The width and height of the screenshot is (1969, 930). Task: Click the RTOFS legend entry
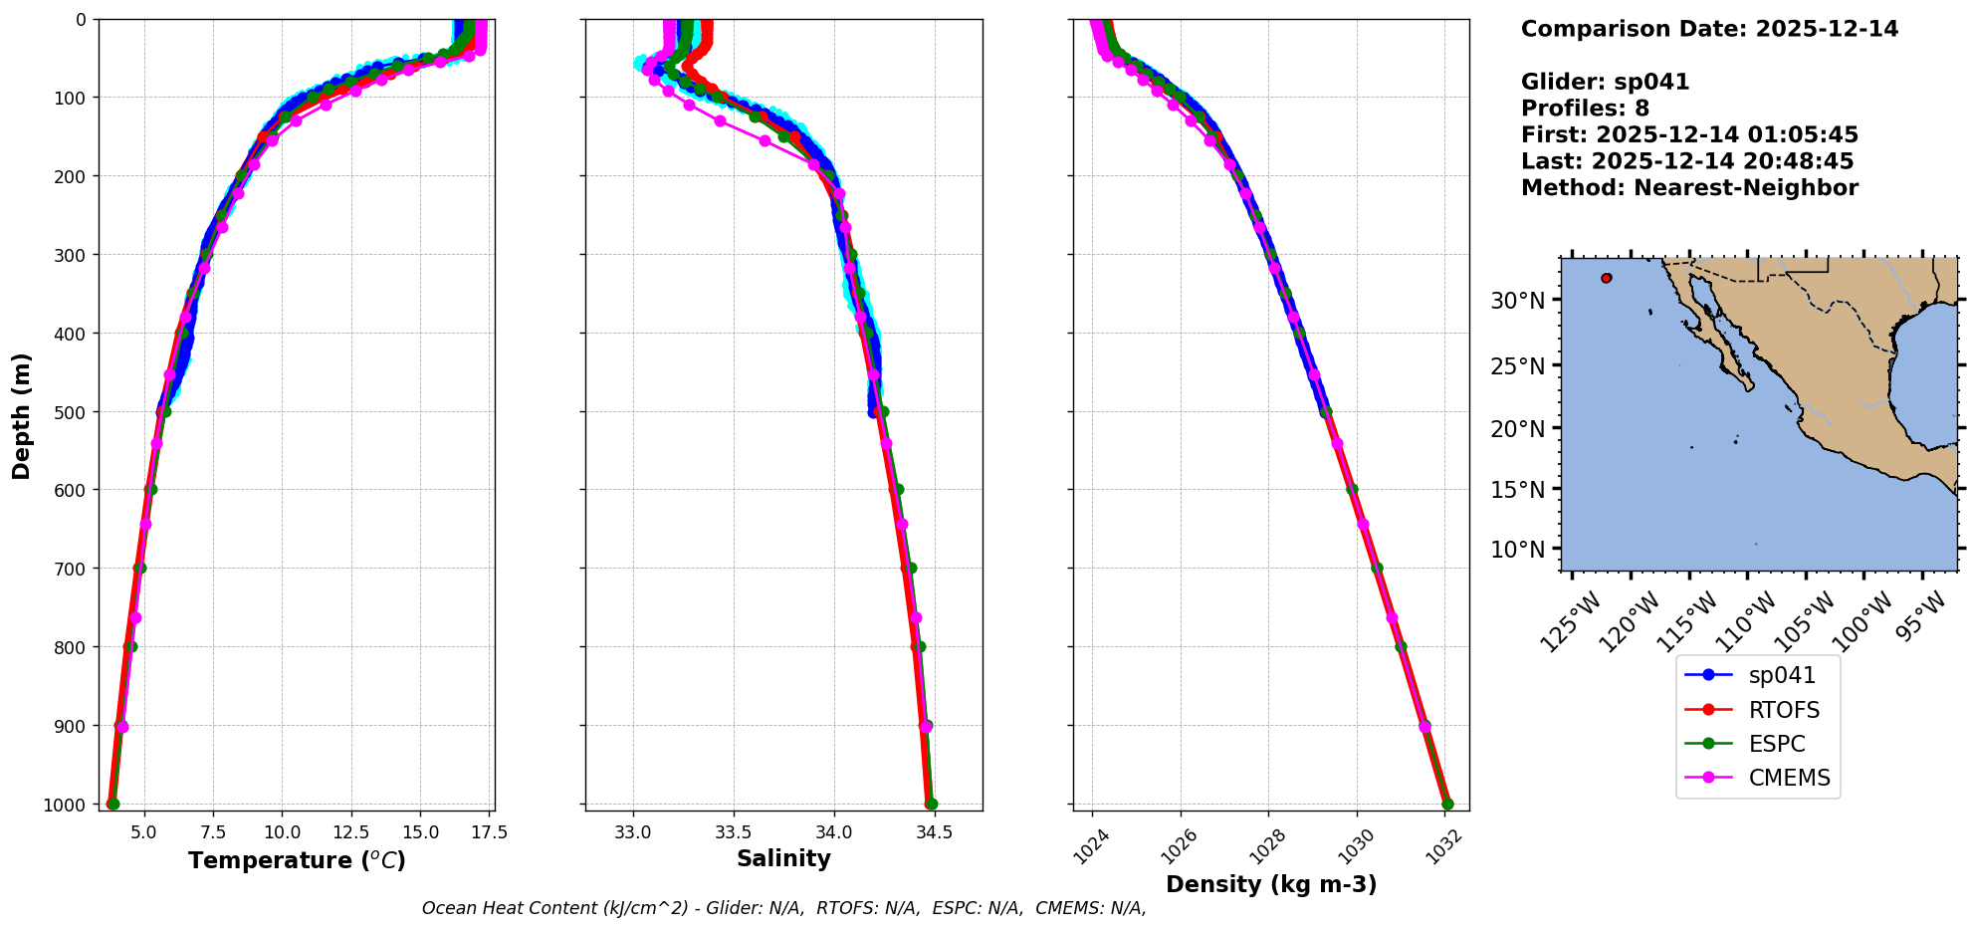point(1783,710)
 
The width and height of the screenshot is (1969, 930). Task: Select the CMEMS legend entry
point(1789,778)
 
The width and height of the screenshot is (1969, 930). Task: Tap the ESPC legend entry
point(1776,744)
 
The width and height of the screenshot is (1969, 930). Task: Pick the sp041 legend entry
point(1781,675)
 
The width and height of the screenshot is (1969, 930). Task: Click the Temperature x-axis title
point(297,860)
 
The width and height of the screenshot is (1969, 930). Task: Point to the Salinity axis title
point(783,858)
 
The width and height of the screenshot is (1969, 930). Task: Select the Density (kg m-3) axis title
point(1271,884)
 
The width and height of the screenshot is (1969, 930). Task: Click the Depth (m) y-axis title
point(22,415)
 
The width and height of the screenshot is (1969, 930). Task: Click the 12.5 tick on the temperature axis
point(350,831)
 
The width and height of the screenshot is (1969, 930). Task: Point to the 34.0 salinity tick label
point(833,831)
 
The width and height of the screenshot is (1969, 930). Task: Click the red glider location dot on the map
point(1607,278)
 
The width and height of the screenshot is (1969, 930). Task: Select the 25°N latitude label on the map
point(1517,365)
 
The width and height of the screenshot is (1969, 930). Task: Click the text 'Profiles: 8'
point(1585,109)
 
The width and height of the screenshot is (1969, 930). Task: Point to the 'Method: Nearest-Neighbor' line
point(1689,187)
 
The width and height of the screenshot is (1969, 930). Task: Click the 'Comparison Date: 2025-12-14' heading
point(1709,29)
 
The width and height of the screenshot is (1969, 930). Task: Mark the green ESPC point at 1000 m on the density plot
point(1447,804)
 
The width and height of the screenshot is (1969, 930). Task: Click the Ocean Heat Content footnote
point(783,908)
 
